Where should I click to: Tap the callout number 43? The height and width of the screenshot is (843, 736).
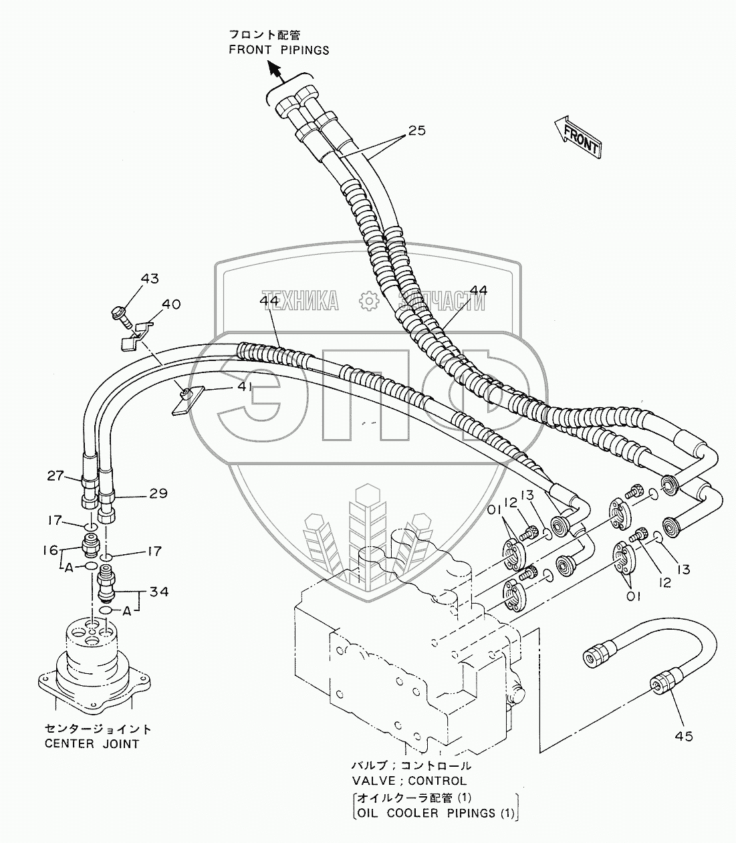click(150, 278)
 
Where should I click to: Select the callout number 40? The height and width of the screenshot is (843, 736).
click(171, 305)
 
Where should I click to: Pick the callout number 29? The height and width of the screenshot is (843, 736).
click(158, 493)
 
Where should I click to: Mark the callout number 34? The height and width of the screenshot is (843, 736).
click(159, 592)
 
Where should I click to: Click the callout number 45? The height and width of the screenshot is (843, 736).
click(683, 736)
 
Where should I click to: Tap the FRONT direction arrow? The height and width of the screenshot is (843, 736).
click(578, 136)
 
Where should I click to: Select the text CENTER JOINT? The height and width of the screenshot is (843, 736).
click(92, 743)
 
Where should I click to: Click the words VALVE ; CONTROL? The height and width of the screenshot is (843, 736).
click(409, 780)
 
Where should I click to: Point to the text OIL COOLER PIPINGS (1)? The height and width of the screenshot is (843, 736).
click(435, 813)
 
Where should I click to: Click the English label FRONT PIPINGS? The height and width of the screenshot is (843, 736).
click(279, 50)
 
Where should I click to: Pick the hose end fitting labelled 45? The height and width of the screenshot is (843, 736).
click(662, 687)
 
